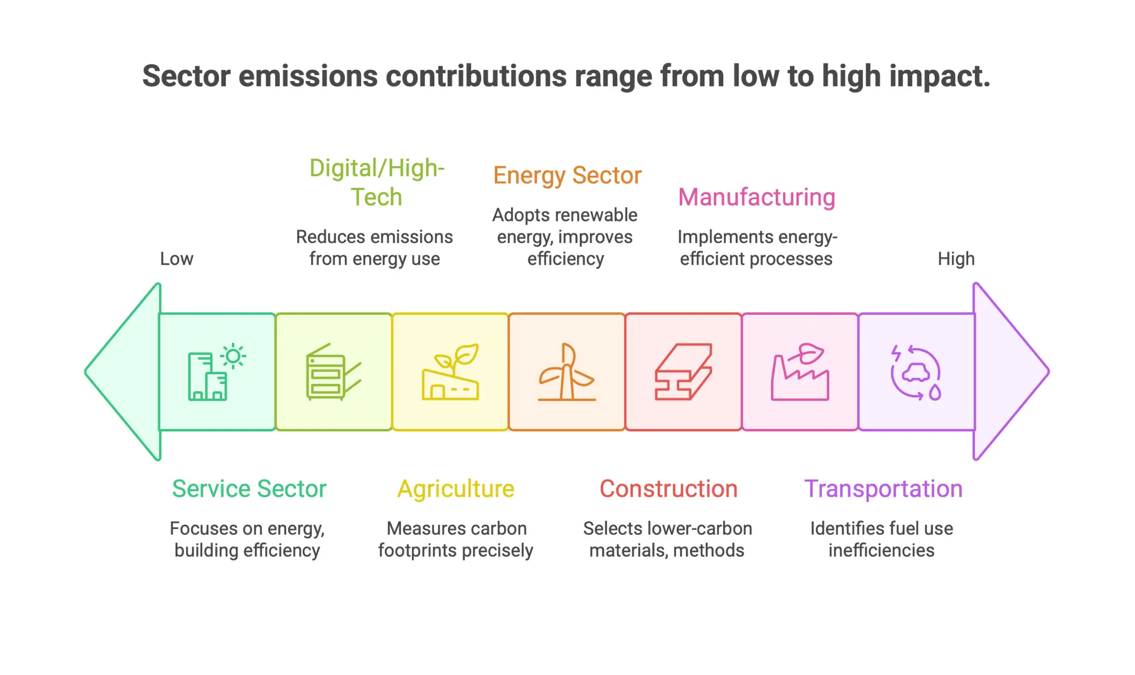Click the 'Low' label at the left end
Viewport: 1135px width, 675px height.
(x=176, y=258)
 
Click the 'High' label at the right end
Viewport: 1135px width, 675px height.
(x=956, y=258)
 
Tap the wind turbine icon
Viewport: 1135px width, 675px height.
(x=566, y=372)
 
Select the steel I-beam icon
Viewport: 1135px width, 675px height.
(x=683, y=372)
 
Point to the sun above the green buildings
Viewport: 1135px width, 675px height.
(x=233, y=356)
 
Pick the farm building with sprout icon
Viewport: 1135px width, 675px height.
(x=450, y=372)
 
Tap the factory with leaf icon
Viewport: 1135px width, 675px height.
(x=800, y=372)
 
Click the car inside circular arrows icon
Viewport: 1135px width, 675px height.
(x=916, y=373)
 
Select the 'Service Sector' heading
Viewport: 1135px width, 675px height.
(x=249, y=489)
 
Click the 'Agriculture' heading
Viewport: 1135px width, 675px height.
(x=456, y=489)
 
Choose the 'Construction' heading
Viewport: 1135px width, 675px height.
(x=668, y=489)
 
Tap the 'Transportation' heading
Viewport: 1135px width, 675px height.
(x=883, y=489)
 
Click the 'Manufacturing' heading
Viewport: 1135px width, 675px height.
(x=756, y=197)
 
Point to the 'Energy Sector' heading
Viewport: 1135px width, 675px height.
(x=567, y=175)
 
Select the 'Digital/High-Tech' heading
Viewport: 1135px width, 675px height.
(x=377, y=182)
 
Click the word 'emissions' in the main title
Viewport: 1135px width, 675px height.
(x=308, y=76)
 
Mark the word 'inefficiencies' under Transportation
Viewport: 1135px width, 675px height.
(x=881, y=550)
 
